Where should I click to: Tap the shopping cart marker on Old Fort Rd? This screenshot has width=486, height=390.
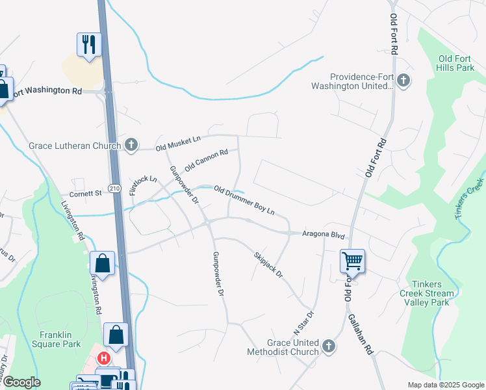coord(352,261)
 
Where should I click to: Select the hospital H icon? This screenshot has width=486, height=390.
coord(103,358)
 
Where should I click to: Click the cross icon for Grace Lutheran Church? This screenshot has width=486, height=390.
coord(131,145)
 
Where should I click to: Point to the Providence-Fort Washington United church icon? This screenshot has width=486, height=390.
coord(403,81)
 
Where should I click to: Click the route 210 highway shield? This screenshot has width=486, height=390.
coord(114,188)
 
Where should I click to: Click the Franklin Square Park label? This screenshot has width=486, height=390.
coord(60,339)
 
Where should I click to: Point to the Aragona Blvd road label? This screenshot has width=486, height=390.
coord(324,233)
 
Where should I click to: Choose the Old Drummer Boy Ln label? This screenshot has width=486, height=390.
coord(244,200)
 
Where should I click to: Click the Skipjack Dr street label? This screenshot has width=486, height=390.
coord(268,265)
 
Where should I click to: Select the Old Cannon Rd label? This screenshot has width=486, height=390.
coord(206,160)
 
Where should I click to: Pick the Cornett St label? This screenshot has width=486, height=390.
coord(85,193)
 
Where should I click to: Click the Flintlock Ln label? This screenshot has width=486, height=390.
coord(143,185)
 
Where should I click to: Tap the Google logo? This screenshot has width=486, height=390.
coord(21,382)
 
